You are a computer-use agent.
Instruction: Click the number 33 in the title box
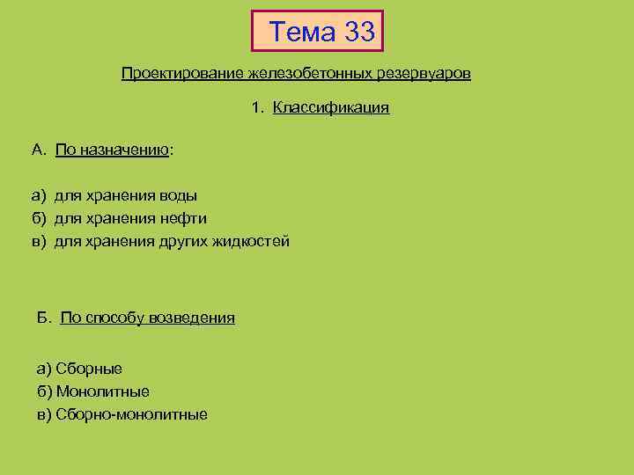(359, 33)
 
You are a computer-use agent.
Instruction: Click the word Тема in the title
(303, 33)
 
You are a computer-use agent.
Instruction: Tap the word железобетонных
(289, 73)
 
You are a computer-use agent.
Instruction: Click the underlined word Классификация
(330, 108)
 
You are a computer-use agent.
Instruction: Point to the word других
(181, 241)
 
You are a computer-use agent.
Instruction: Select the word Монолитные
(102, 391)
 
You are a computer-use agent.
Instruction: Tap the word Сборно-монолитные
(131, 414)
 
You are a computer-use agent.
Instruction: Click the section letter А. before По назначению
(38, 150)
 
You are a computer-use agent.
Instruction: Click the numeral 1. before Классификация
(256, 108)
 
